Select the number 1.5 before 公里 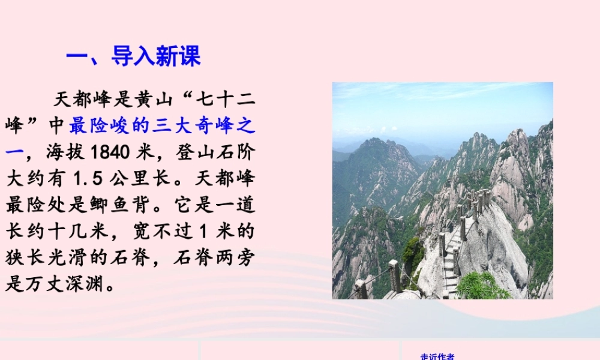point(87,179)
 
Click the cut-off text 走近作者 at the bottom point(437,357)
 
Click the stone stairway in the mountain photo point(451,264)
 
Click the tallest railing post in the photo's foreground point(394,276)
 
